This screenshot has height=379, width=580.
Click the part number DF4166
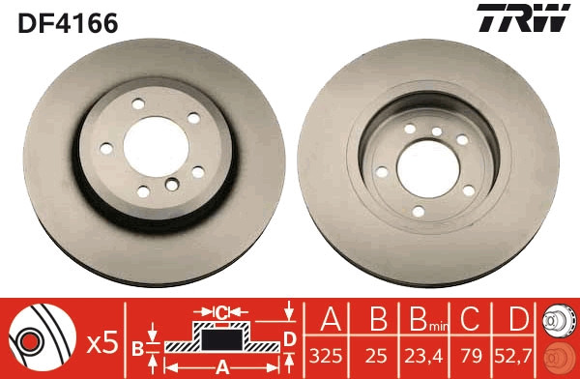tap(68, 23)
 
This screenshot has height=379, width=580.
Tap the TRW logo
tap(523, 17)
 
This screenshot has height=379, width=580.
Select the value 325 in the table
tap(326, 356)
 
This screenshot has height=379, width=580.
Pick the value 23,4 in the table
tap(423, 356)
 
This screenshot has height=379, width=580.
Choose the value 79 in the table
tap(472, 356)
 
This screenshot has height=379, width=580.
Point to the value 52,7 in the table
tap(513, 356)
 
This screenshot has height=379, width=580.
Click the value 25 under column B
tap(376, 356)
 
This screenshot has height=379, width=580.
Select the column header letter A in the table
tap(331, 318)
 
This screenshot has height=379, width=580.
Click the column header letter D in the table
tap(519, 318)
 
